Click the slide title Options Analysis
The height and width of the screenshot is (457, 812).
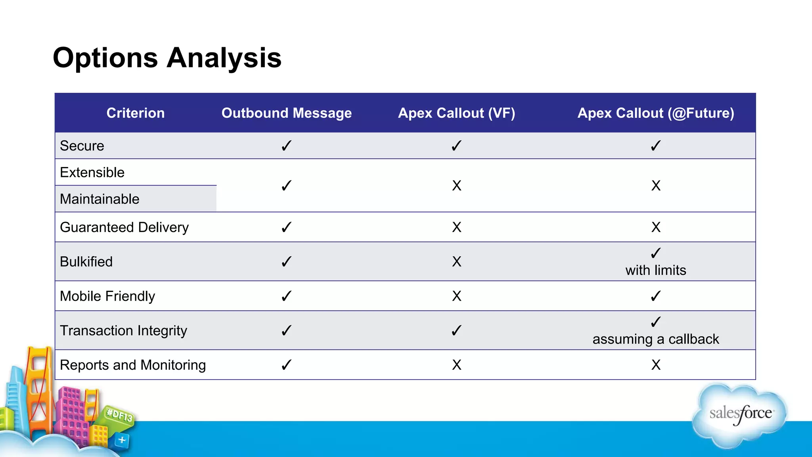pyautogui.click(x=167, y=58)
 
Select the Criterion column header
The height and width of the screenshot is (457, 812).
pyautogui.click(x=135, y=113)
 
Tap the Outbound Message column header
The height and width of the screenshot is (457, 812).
pyautogui.click(x=286, y=113)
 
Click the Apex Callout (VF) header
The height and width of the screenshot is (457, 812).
pyautogui.click(x=456, y=113)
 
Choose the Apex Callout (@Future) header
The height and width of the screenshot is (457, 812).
pyautogui.click(x=655, y=113)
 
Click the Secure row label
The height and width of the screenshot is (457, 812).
pyautogui.click(x=82, y=146)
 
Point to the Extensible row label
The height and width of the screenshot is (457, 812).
pyautogui.click(x=92, y=173)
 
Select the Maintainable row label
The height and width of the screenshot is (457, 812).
pyautogui.click(x=100, y=199)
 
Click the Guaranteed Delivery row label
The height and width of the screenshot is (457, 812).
pyautogui.click(x=124, y=227)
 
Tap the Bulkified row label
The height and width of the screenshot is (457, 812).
pyautogui.click(x=86, y=262)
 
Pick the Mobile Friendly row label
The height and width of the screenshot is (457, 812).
pyautogui.click(x=107, y=296)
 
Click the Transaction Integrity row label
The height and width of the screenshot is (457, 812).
pyautogui.click(x=123, y=331)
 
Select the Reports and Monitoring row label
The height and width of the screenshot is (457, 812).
pyautogui.click(x=132, y=365)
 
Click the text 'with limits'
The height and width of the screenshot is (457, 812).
pyautogui.click(x=655, y=271)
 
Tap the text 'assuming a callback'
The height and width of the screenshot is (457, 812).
pyautogui.click(x=655, y=340)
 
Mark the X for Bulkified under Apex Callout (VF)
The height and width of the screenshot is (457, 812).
pyautogui.click(x=456, y=262)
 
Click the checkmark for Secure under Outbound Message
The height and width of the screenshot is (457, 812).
pyautogui.click(x=286, y=146)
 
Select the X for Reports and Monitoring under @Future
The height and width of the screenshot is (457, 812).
pyautogui.click(x=655, y=365)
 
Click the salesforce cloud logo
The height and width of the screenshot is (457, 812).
pyautogui.click(x=740, y=415)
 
